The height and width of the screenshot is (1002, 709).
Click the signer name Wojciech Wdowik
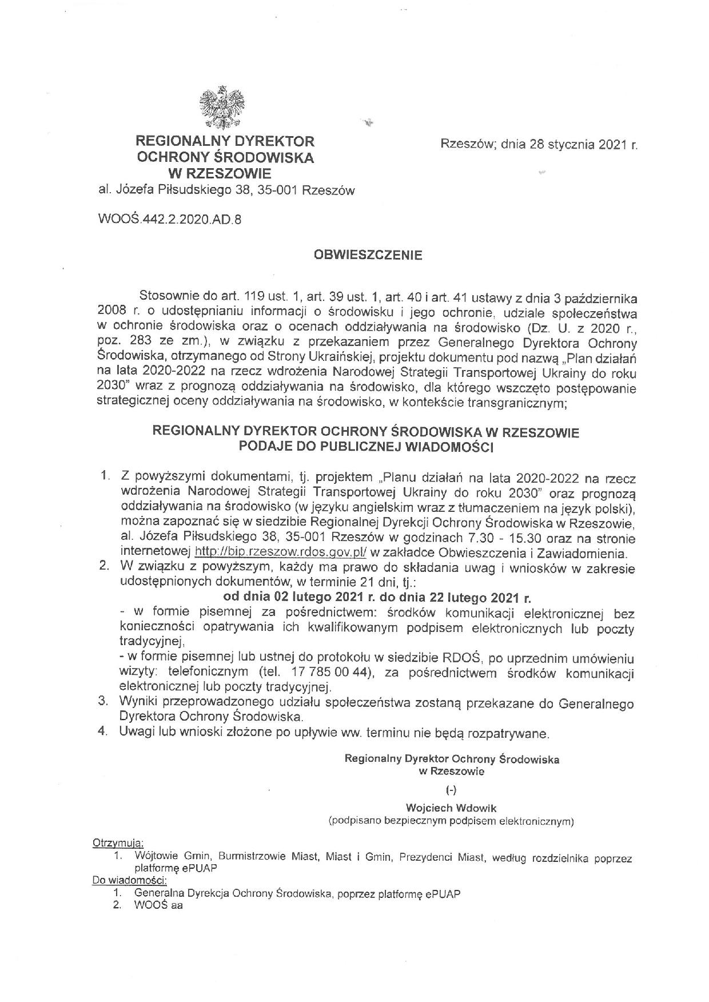[451, 808]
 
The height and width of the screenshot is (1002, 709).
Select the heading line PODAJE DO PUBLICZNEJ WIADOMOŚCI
[366, 447]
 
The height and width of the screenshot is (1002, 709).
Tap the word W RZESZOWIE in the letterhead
[224, 174]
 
